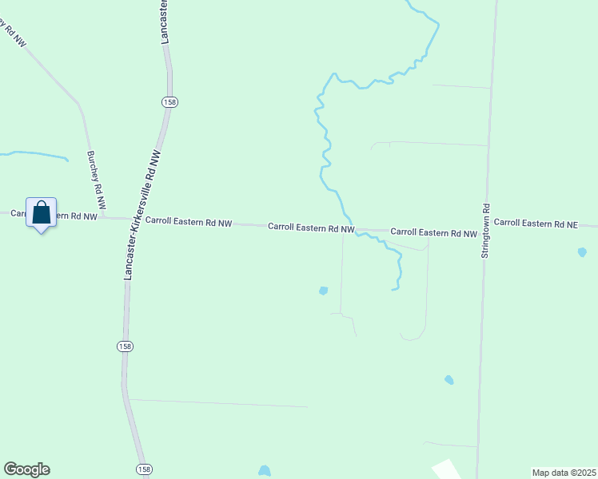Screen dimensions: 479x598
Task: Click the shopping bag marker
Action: tap(42, 213)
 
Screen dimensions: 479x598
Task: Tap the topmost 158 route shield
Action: tap(169, 102)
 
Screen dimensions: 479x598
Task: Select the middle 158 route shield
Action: tap(125, 346)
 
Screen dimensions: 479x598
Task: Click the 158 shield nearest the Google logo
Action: tap(142, 469)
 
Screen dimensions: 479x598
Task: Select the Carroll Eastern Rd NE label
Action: tap(535, 224)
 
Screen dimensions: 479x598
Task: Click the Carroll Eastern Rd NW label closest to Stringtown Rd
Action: tap(433, 233)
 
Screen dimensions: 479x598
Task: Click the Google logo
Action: tap(26, 469)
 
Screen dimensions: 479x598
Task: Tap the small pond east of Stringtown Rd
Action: tap(582, 252)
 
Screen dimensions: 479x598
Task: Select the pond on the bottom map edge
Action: tap(265, 472)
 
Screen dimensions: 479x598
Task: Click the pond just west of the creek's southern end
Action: tap(323, 291)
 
